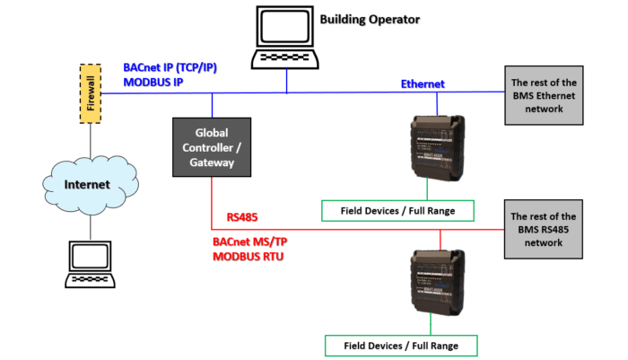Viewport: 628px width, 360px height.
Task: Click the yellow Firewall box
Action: [90, 93]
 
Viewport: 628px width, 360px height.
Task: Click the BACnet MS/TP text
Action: [257, 241]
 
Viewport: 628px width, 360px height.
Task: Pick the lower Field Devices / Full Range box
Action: [399, 345]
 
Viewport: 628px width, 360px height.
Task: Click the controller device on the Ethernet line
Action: [438, 146]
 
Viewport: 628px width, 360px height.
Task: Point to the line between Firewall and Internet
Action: [90, 144]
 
